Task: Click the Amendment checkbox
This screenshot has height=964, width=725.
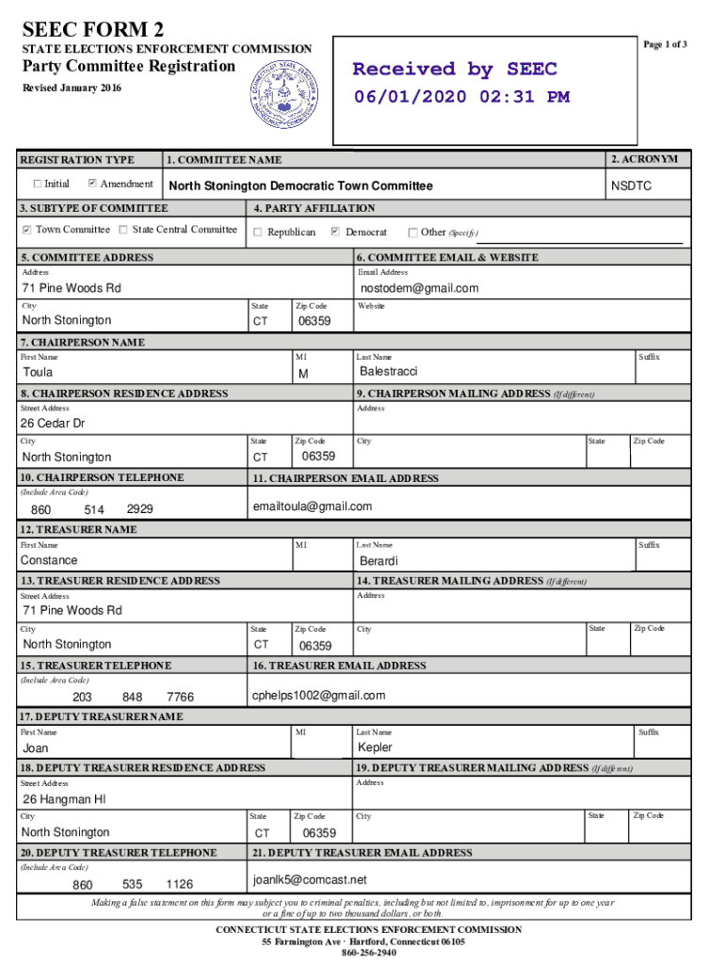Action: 92,184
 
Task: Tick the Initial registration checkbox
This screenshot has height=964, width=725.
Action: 37,184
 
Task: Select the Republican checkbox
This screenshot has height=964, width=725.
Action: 258,233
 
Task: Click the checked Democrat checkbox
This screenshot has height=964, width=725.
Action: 335,233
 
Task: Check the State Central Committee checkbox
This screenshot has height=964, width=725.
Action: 124,230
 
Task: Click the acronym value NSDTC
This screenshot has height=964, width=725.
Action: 631,186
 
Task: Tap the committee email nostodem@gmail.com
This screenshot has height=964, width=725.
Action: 419,288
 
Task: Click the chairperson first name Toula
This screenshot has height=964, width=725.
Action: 38,373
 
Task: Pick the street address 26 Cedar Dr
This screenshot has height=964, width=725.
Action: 54,424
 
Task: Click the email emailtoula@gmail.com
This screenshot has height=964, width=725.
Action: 313,506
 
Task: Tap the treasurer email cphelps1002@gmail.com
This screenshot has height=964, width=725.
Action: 319,696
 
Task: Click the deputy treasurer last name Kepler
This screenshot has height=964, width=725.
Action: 376,747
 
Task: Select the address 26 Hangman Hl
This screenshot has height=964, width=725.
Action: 57,799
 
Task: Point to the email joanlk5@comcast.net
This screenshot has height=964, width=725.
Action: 310,880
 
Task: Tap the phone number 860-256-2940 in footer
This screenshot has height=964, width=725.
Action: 368,953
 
